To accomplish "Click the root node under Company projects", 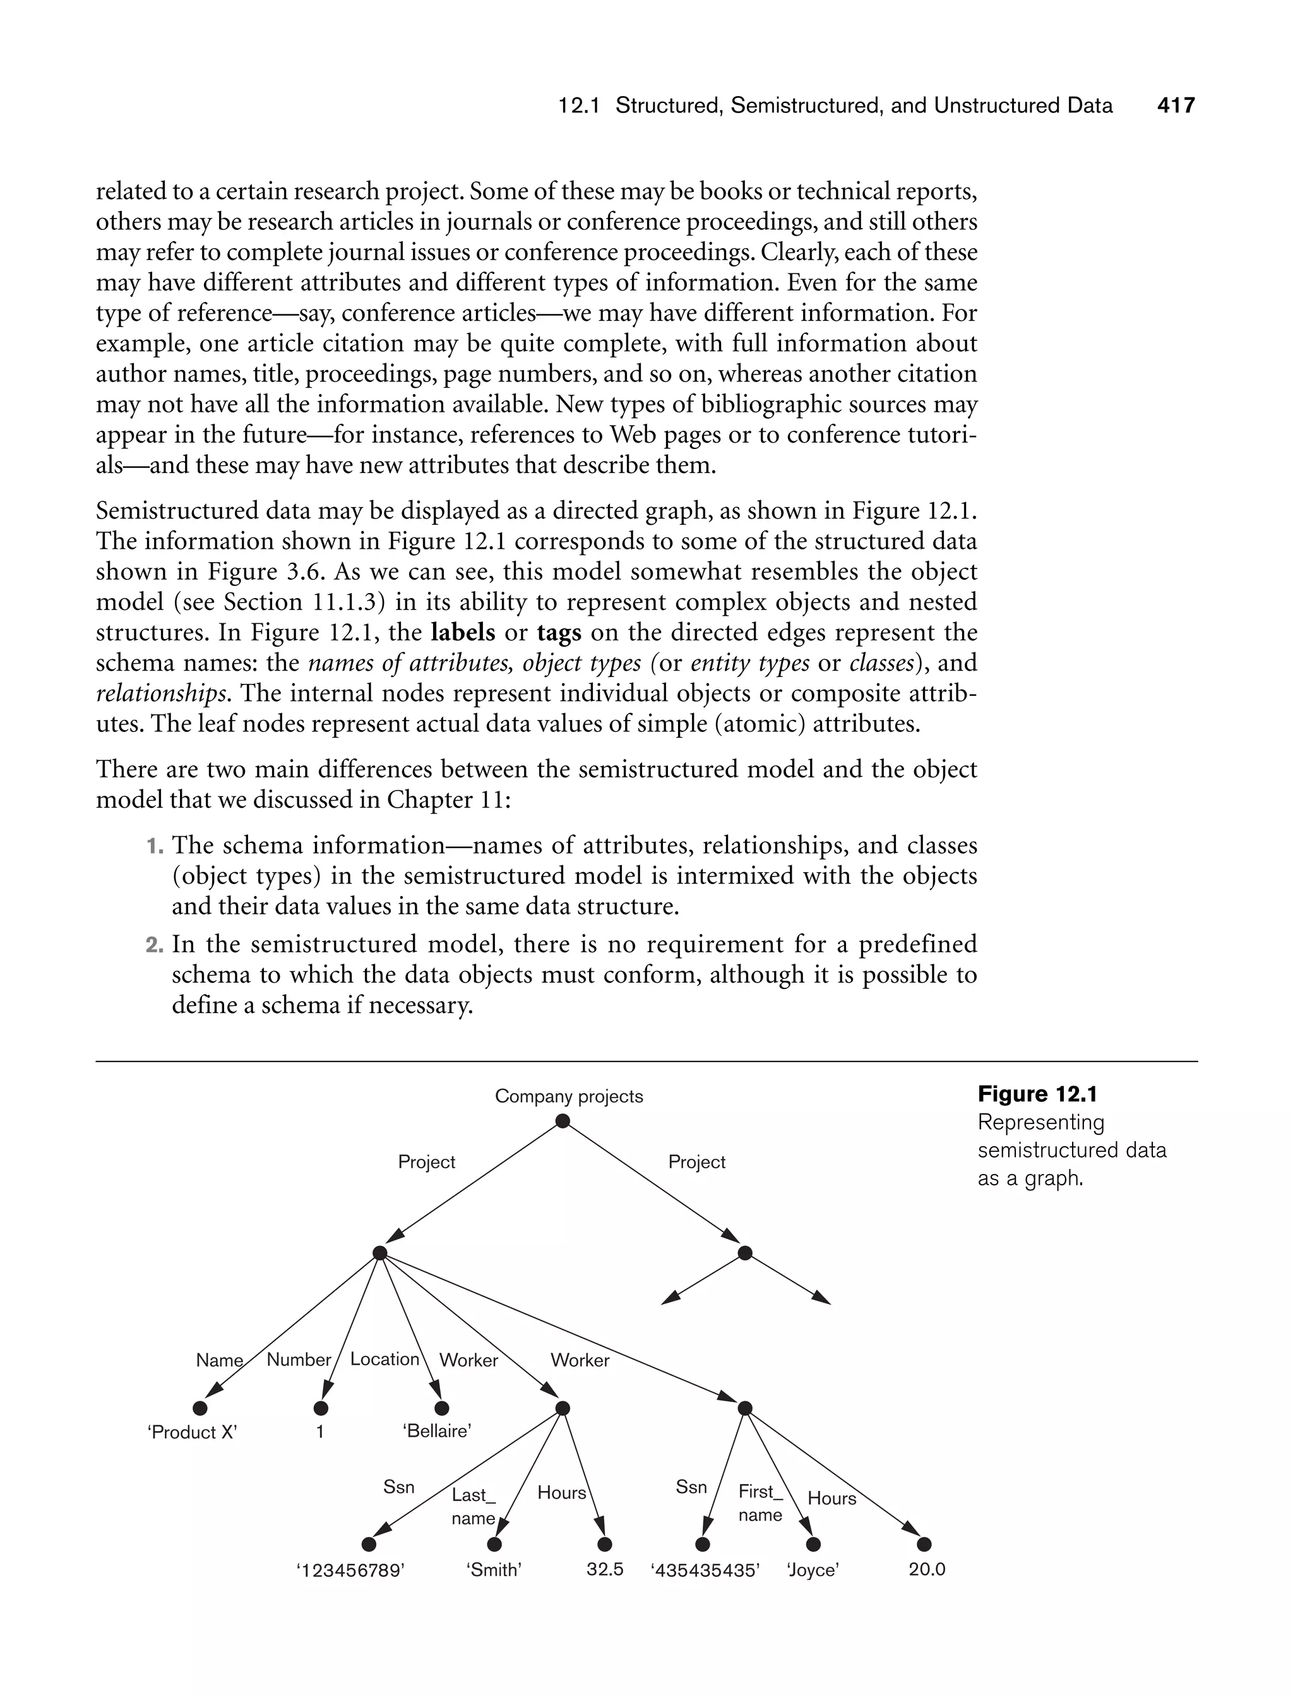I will (563, 1122).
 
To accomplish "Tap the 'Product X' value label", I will (193, 1432).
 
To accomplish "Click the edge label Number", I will (299, 1360).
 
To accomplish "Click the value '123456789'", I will (350, 1571).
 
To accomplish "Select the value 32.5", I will (605, 1569).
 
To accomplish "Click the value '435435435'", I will (706, 1571).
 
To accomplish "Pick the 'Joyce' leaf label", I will (813, 1571).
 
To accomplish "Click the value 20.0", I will (927, 1569).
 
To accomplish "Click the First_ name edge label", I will (760, 1503).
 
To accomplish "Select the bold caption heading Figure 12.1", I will (1037, 1094).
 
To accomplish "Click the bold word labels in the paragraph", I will (463, 633).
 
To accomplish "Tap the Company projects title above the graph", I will (569, 1096).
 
